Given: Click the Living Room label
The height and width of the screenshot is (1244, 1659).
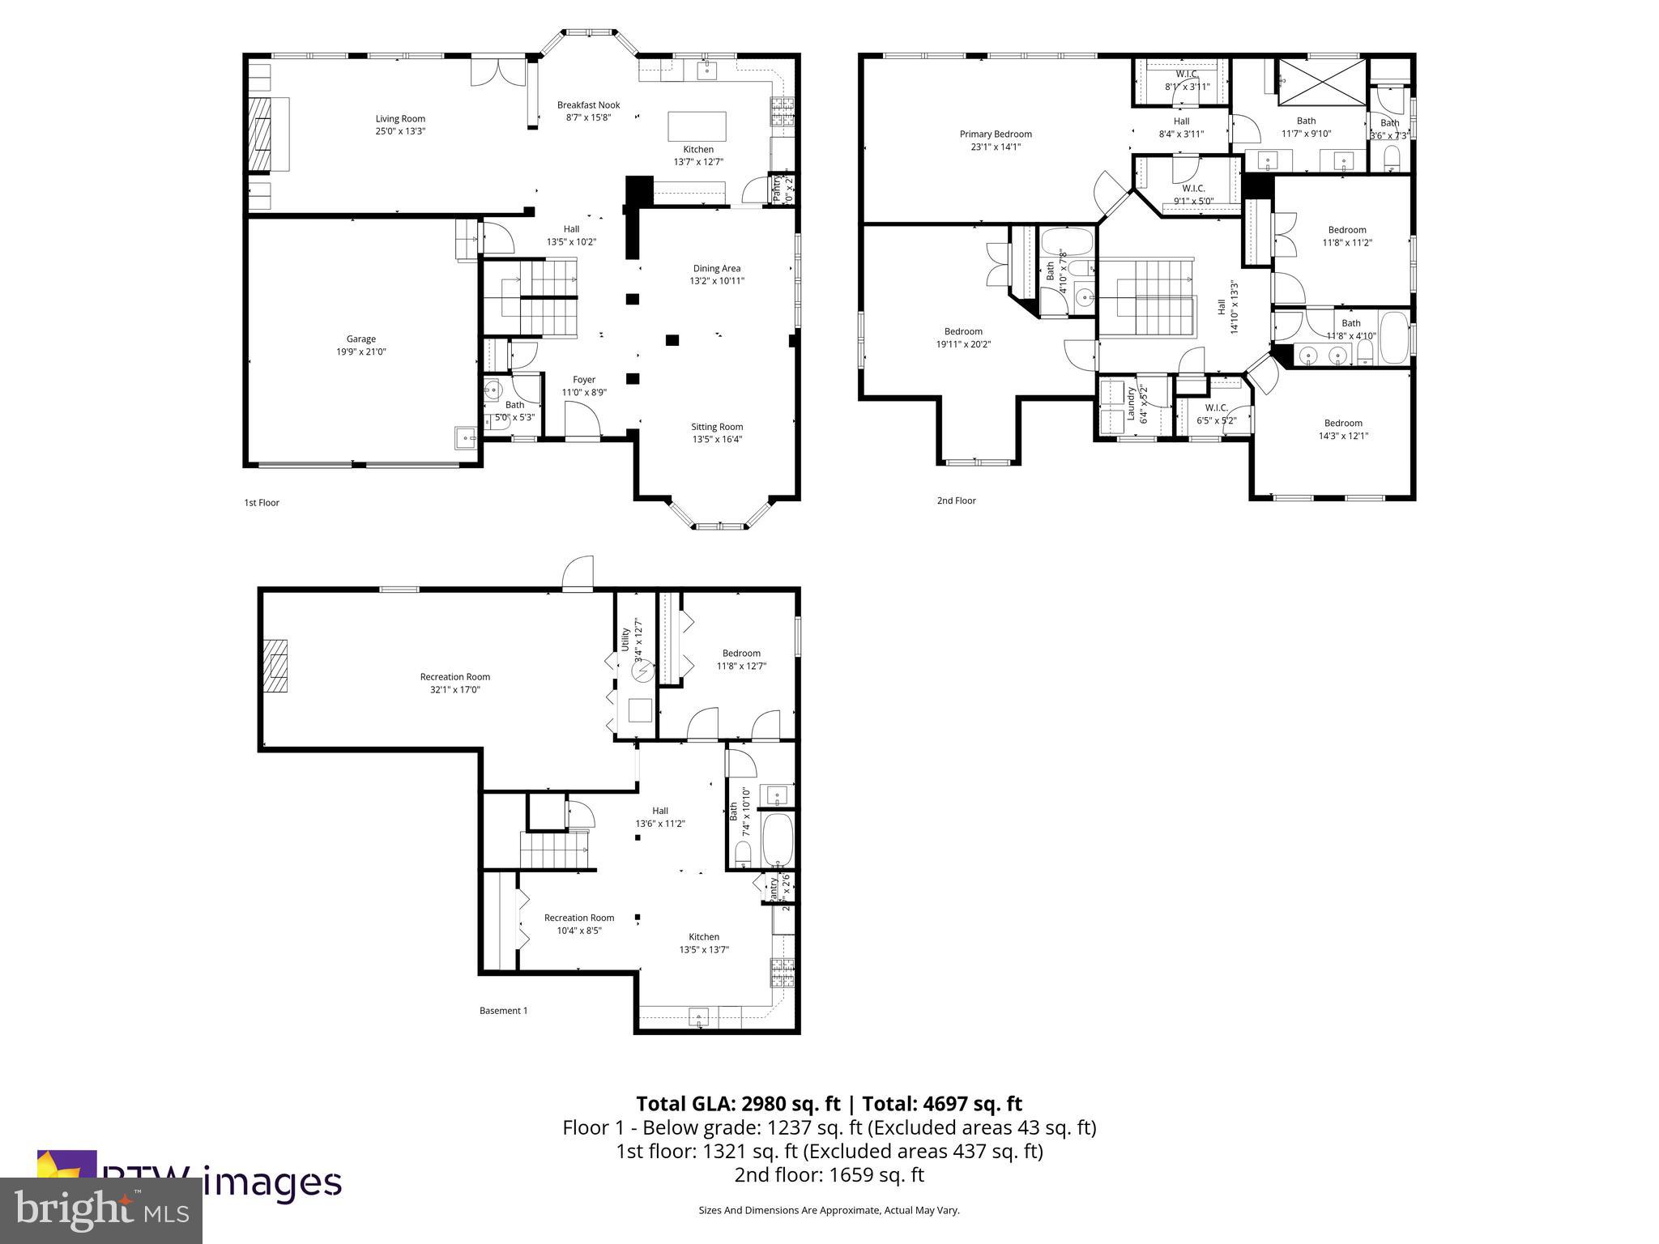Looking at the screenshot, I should point(400,118).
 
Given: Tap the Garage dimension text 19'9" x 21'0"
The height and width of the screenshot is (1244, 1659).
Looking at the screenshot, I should point(361,352).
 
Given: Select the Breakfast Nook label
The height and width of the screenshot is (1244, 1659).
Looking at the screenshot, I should point(588,104).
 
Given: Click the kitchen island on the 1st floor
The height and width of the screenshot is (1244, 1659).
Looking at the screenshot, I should point(696,126).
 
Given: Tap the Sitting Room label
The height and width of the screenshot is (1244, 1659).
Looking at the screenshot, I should point(716,427).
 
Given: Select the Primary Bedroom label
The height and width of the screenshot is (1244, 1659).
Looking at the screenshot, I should point(996,134).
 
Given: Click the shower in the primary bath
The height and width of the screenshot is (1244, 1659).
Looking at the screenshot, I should point(1321,82).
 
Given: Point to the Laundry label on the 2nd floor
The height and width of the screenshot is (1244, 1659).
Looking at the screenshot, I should point(1131,403).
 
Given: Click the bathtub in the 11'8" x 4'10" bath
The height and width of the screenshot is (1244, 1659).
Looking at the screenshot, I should point(1394,339).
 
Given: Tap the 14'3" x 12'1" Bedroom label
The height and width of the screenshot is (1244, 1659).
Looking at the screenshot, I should point(1342,423).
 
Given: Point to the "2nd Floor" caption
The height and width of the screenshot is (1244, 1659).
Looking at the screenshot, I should point(956,501).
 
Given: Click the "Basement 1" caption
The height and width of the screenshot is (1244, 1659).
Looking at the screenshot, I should point(503,1010).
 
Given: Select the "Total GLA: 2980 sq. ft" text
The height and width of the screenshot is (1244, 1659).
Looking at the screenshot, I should point(738,1104).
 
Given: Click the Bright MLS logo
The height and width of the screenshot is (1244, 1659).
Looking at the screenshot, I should point(101,1210).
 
